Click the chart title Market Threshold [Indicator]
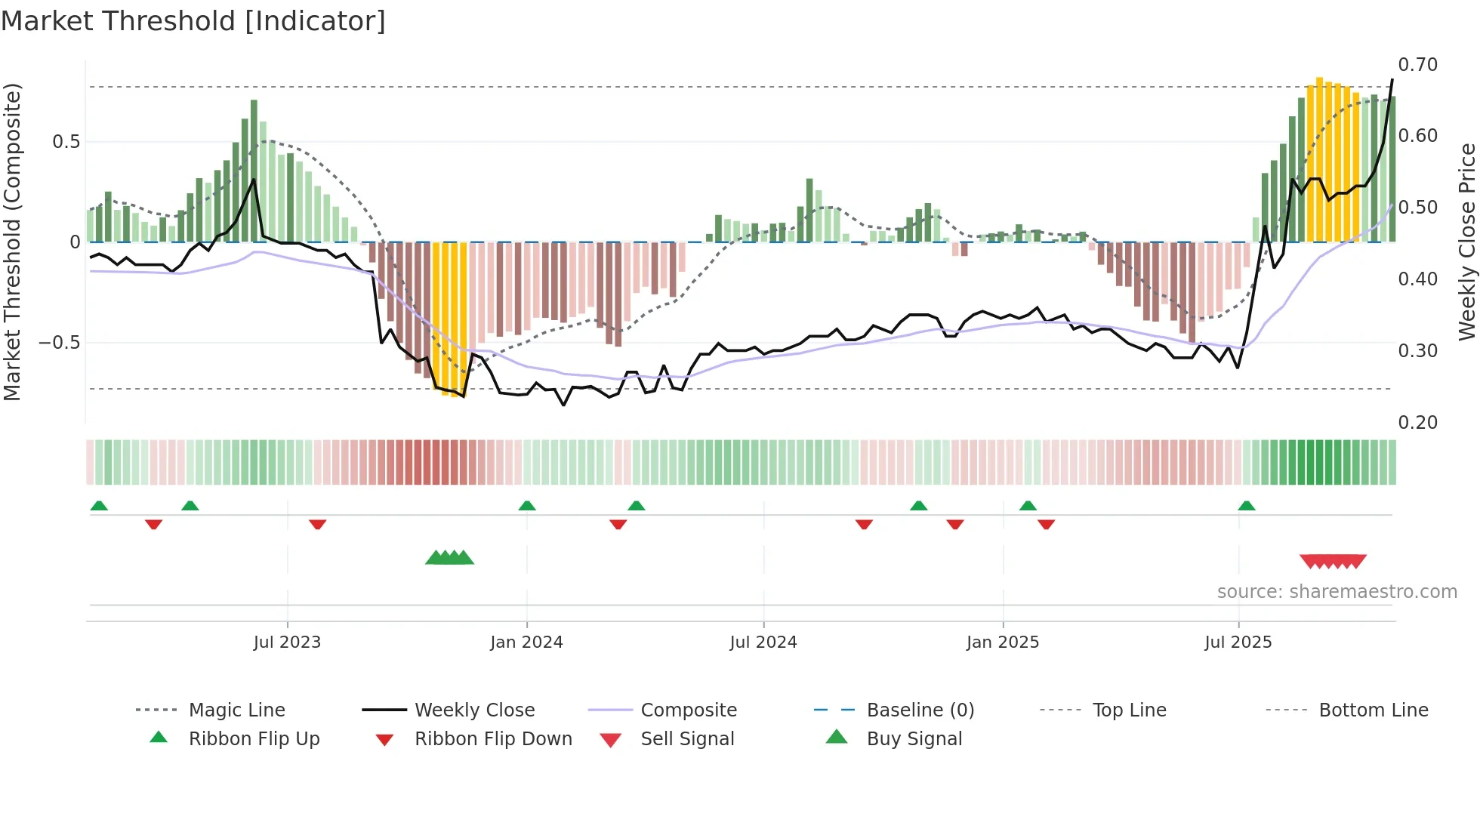tap(193, 21)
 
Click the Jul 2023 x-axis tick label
tap(287, 642)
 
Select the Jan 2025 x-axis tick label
tap(1002, 642)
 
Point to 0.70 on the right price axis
tap(1417, 65)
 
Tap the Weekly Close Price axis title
tap(1466, 242)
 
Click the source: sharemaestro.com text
tap(1337, 592)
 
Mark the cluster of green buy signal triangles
tap(449, 559)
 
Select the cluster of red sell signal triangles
tap(1333, 561)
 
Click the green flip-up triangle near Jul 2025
tap(1246, 506)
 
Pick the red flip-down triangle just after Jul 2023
tap(317, 524)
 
